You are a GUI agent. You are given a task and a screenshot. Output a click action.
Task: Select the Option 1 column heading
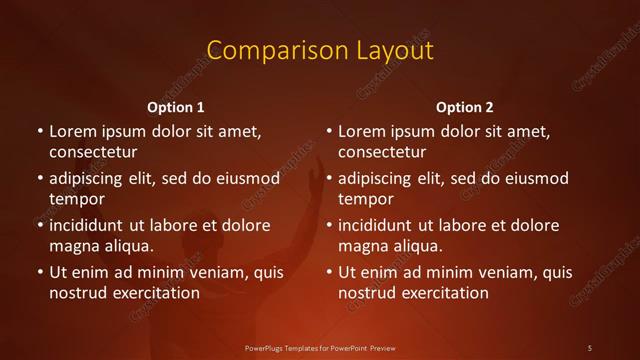tap(176, 107)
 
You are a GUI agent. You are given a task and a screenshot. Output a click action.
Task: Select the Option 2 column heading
tap(465, 107)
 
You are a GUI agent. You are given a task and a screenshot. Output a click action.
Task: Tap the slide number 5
tap(590, 347)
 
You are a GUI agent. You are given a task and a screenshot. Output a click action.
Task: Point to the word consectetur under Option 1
tap(93, 153)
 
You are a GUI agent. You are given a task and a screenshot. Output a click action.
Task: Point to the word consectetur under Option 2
tap(382, 153)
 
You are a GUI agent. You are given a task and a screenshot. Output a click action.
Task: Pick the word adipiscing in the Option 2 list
tap(378, 179)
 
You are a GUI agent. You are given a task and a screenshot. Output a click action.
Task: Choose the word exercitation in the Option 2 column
tap(444, 293)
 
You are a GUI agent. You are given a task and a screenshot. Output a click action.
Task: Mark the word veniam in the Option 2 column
tap(493, 272)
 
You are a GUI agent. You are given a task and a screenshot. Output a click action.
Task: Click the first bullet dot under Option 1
tap(39, 132)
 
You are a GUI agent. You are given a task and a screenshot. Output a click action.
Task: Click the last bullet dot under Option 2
tap(328, 272)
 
